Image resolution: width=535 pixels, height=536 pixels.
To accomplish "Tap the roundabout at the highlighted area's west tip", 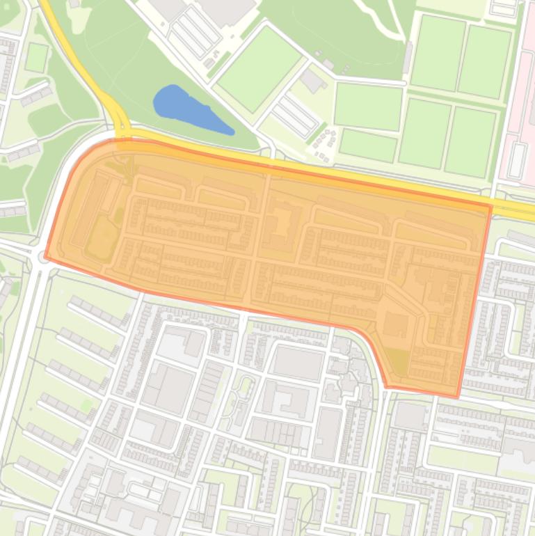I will click(x=40, y=258).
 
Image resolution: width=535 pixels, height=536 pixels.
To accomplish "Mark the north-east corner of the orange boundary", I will click(x=491, y=206).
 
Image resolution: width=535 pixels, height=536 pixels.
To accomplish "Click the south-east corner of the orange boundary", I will click(x=457, y=397).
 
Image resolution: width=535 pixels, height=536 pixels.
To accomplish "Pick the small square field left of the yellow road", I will click(x=36, y=57).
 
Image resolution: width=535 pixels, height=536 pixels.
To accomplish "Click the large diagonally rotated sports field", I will click(x=259, y=68).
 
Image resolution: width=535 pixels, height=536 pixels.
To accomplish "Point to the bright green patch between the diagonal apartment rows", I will click(x=86, y=404).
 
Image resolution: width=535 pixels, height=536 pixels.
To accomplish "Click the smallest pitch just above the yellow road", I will click(x=367, y=145).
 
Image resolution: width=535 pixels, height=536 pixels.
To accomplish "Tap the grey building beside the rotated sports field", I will click(x=313, y=81).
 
